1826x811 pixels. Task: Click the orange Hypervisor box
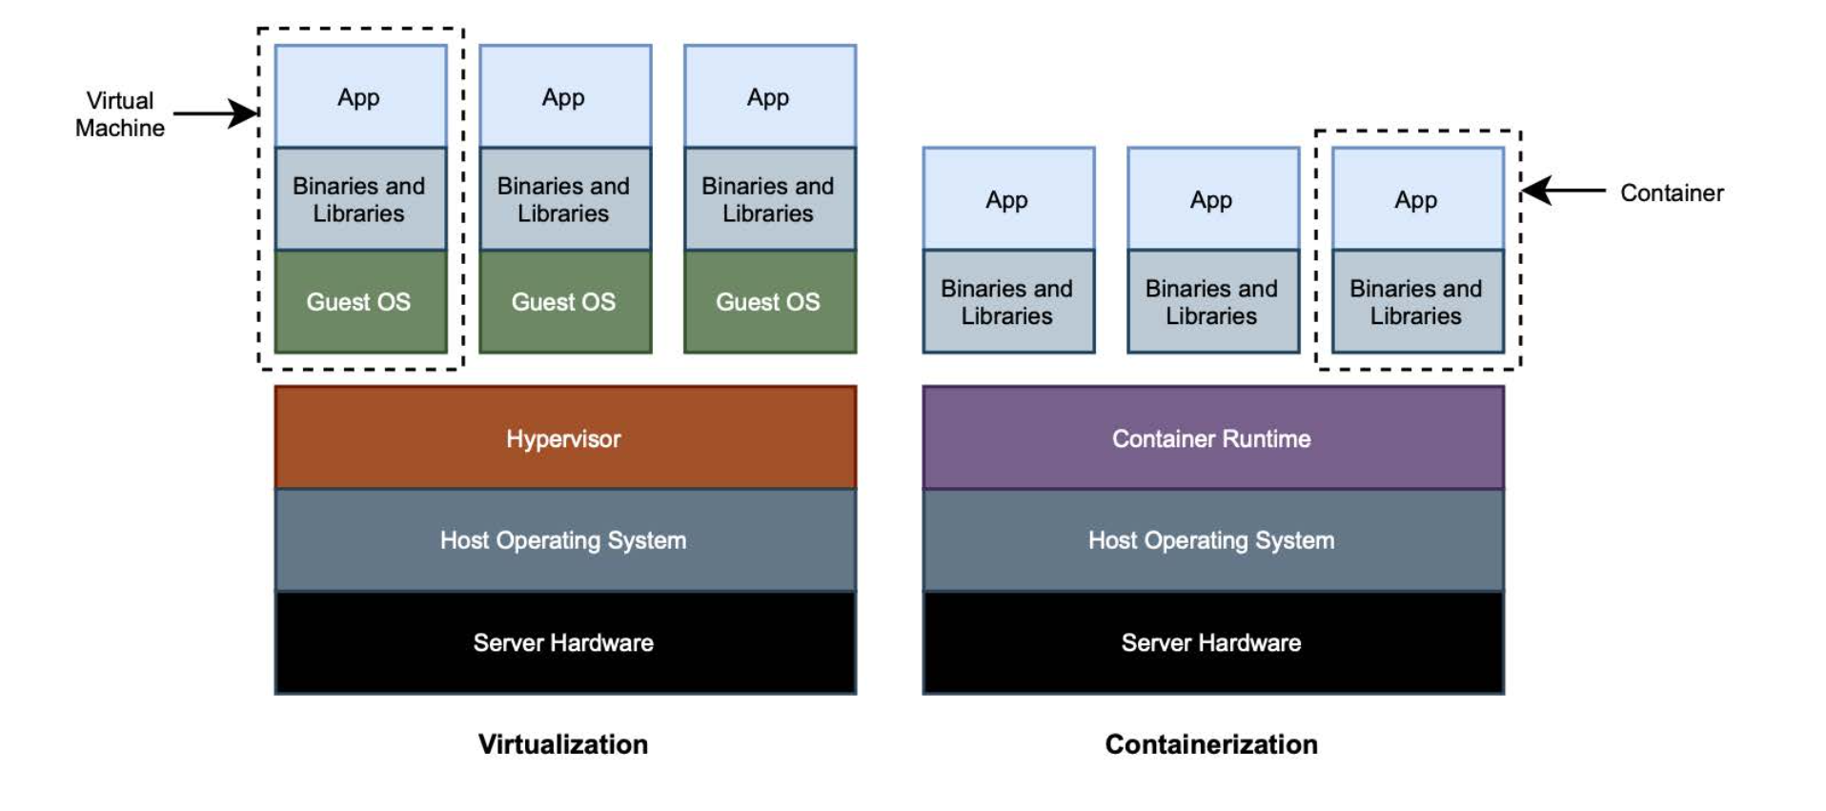(x=565, y=437)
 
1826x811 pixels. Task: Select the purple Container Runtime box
(x=1213, y=437)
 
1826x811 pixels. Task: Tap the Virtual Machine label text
(x=120, y=114)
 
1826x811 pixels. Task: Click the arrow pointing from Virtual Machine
(x=215, y=114)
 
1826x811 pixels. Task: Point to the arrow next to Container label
(x=1563, y=191)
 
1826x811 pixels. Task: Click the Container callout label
(x=1672, y=193)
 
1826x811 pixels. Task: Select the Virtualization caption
(x=563, y=744)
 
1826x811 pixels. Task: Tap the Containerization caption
(x=1211, y=744)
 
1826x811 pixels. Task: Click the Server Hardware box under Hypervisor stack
(x=565, y=643)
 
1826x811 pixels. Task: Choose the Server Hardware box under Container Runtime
(x=1213, y=643)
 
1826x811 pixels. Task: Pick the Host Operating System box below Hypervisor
(x=565, y=540)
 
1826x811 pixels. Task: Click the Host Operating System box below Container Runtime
(x=1213, y=540)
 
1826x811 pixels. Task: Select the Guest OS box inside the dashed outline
(x=360, y=302)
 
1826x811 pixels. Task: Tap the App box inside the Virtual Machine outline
(x=360, y=96)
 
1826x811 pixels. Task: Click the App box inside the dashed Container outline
(x=1418, y=199)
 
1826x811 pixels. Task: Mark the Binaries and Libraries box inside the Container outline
(x=1418, y=302)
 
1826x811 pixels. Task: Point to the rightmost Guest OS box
(x=770, y=302)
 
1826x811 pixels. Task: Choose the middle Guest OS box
(x=565, y=302)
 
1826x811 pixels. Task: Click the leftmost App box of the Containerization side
(x=1008, y=199)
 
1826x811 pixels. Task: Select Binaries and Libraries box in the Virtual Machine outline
(x=360, y=199)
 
